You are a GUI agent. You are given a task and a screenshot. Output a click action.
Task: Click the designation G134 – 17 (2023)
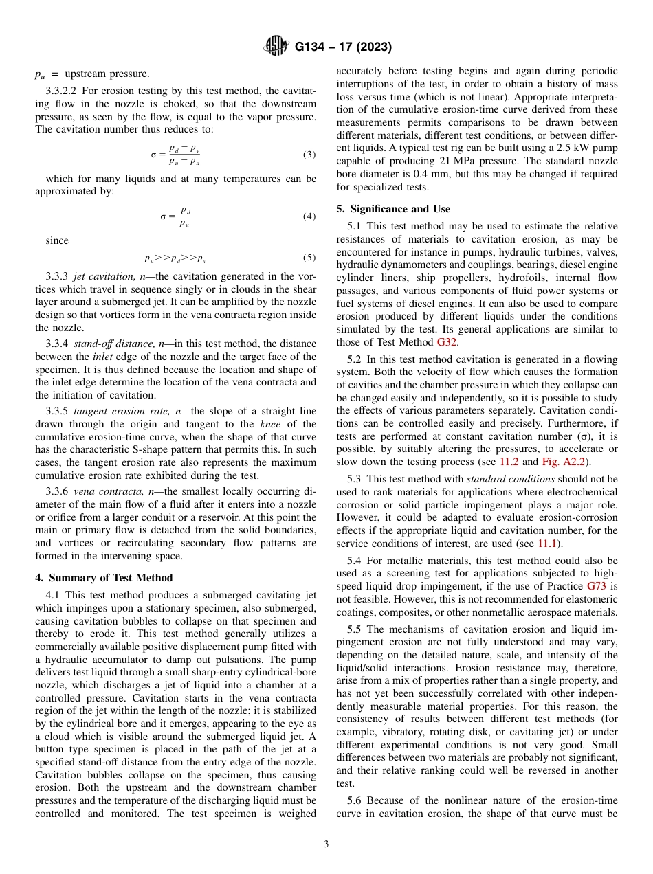[343, 47]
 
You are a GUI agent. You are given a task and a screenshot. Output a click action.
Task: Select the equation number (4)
[309, 216]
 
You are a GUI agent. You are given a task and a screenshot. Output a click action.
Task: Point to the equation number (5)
[309, 258]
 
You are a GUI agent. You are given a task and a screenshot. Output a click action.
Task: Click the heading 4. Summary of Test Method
[104, 578]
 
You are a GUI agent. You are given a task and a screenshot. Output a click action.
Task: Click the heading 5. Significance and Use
[393, 209]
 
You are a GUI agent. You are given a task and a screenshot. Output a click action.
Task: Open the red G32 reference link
[447, 343]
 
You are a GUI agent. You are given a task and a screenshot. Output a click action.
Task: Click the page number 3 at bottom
[326, 844]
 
